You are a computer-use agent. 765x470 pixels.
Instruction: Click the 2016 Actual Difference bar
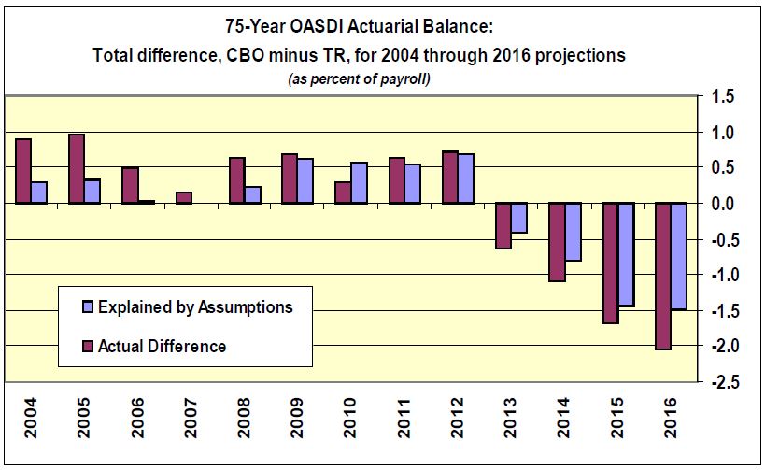coord(662,276)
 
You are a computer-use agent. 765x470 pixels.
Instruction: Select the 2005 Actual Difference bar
coord(77,168)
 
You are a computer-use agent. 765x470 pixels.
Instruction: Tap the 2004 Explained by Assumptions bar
coord(38,192)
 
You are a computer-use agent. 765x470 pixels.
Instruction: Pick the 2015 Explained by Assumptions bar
coord(626,254)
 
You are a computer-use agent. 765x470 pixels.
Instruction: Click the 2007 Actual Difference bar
coord(183,197)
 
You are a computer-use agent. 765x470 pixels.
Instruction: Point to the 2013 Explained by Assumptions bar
coord(519,217)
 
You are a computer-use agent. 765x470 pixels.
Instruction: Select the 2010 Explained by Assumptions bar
coord(359,182)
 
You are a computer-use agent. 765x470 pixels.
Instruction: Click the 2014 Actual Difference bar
coord(557,241)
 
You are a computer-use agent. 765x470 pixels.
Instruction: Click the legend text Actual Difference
coord(162,347)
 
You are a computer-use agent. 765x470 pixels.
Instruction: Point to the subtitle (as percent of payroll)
coord(359,79)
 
